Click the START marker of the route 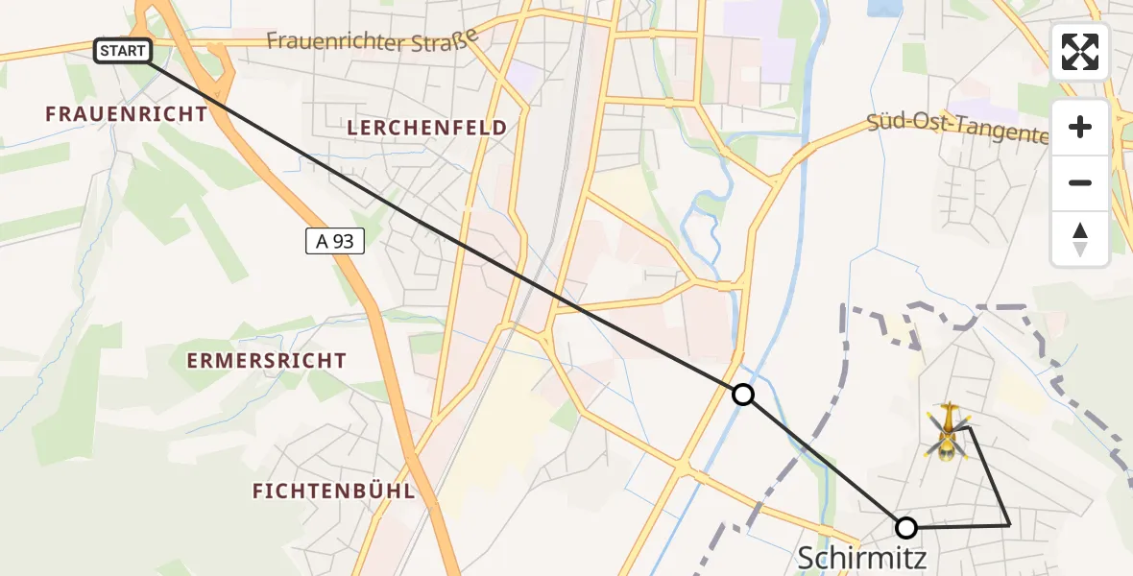[123, 51]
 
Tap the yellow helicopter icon [949, 431]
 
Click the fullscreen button [1080, 52]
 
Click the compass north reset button [1080, 239]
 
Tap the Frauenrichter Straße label [372, 39]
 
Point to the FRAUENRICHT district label [126, 114]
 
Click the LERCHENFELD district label [427, 128]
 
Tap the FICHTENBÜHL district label [333, 492]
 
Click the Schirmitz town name [862, 558]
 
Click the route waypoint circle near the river [742, 394]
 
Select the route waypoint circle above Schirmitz [905, 527]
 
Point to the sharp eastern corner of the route [1009, 525]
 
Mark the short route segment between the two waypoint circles [824, 461]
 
